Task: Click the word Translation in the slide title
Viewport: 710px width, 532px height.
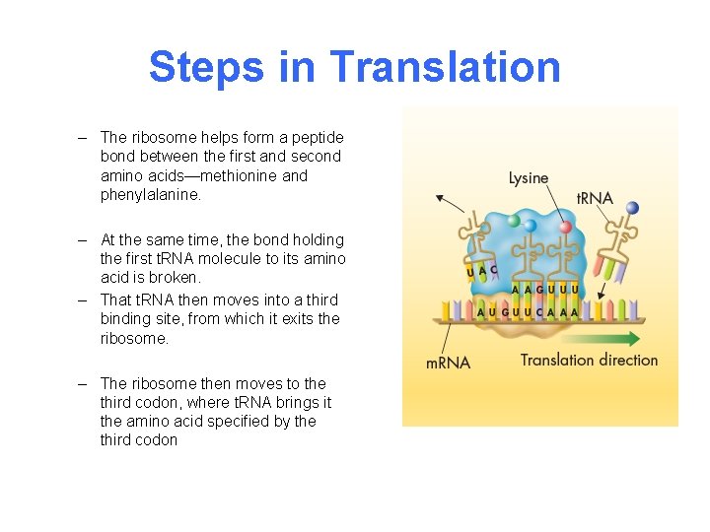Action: pyautogui.click(x=445, y=67)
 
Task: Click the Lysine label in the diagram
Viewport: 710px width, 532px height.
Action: pyautogui.click(x=529, y=178)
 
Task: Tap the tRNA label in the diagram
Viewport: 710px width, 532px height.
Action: pyautogui.click(x=595, y=198)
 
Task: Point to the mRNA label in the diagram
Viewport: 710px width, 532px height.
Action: pyautogui.click(x=448, y=362)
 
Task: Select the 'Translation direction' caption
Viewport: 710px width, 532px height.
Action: pyautogui.click(x=589, y=360)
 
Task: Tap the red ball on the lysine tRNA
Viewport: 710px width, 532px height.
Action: pyautogui.click(x=566, y=226)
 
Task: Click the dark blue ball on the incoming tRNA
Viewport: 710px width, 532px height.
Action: pyautogui.click(x=633, y=208)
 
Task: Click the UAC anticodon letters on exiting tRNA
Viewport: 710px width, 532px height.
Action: pyautogui.click(x=481, y=270)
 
